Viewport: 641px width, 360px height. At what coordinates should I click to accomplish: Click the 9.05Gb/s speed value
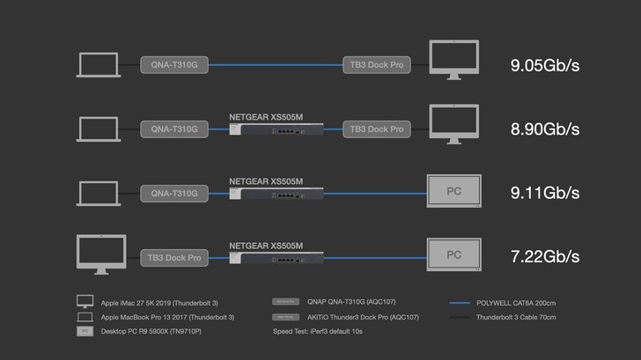tap(545, 64)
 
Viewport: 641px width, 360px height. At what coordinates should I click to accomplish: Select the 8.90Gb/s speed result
tap(545, 129)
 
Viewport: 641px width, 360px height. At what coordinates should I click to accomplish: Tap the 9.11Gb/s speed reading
tap(545, 192)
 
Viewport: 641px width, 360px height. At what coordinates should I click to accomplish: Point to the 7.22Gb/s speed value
tap(545, 256)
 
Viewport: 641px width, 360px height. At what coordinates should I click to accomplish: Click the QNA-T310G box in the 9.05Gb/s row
tap(173, 65)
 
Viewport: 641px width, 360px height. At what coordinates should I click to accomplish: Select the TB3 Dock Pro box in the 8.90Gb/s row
tap(376, 129)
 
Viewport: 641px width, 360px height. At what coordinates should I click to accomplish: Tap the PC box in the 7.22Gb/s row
tap(453, 255)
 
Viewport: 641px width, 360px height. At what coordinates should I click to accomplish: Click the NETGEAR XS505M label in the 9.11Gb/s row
tap(266, 181)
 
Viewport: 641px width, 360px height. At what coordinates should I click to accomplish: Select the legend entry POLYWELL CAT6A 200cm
tap(515, 303)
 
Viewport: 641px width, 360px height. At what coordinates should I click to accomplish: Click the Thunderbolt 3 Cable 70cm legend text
tap(516, 317)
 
